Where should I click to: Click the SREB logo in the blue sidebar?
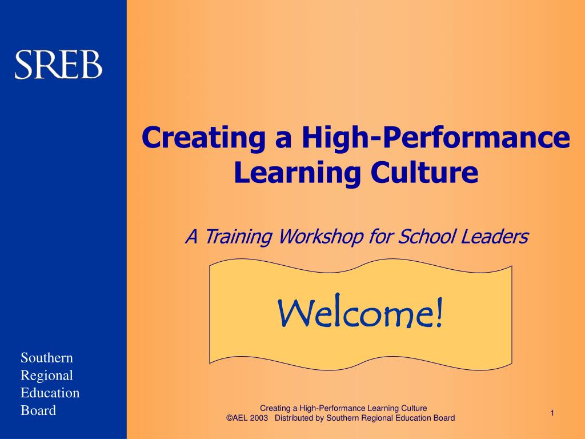(x=58, y=65)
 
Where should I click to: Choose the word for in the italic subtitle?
(x=380, y=236)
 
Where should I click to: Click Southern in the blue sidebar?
(x=47, y=358)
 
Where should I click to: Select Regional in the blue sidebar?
(x=47, y=376)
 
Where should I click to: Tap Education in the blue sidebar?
(x=50, y=393)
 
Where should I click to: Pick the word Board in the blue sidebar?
(x=38, y=410)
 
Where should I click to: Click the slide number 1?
(x=553, y=413)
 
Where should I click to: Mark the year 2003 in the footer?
(x=259, y=418)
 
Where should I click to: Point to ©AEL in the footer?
(x=237, y=418)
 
